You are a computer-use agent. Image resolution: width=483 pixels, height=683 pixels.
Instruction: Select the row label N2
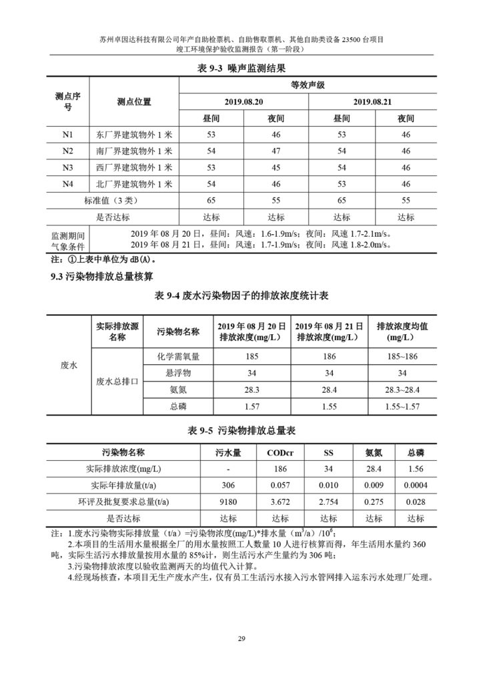(x=68, y=151)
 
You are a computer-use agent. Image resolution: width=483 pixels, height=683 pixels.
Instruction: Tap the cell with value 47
(x=276, y=151)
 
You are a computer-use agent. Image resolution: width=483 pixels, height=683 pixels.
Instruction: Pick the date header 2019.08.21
(x=372, y=101)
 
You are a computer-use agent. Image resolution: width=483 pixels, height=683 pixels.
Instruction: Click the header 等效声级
(x=308, y=85)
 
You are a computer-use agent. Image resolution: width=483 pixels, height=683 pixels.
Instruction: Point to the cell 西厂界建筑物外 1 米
(x=134, y=167)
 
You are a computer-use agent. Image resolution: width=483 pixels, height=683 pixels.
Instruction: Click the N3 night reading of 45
(x=276, y=167)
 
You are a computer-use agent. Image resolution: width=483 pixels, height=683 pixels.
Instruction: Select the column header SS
(x=328, y=452)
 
